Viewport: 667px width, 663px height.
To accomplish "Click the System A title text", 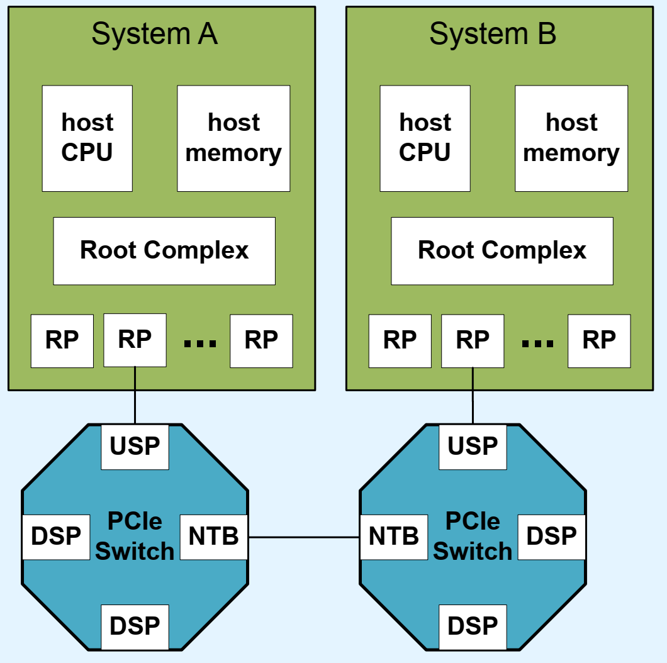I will point(154,34).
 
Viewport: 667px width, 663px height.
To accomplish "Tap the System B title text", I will point(493,34).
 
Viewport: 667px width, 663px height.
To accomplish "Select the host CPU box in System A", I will point(87,138).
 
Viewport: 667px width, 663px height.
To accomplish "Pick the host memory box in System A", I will point(233,138).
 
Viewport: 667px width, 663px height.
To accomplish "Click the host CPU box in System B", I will point(425,138).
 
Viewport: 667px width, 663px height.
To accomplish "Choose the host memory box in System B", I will point(571,138).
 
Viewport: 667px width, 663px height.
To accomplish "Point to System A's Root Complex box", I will point(164,251).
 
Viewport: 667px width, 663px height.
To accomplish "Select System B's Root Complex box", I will point(502,251).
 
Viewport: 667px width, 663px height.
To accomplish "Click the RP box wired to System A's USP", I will point(135,340).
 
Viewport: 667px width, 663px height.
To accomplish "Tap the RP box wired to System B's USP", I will point(473,340).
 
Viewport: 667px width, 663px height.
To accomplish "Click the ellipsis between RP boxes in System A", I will point(200,343).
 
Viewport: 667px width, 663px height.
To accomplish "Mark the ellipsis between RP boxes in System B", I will point(538,343).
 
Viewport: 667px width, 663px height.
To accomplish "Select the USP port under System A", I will point(135,447).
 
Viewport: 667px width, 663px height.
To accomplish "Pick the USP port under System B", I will point(473,447).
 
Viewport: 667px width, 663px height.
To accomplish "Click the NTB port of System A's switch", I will point(214,537).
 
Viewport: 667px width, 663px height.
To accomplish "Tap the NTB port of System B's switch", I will point(394,537).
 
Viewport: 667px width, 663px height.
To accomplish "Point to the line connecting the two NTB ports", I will point(304,537).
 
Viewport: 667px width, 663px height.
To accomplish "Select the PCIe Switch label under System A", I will point(135,537).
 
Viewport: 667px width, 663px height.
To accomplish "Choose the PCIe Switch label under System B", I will point(473,537).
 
